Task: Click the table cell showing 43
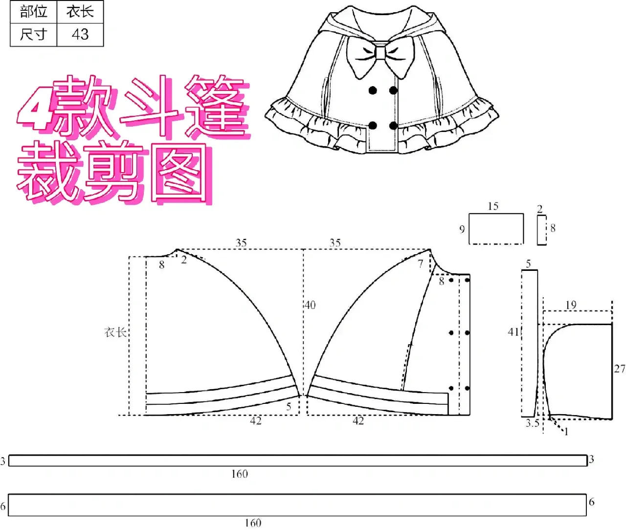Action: click(x=80, y=34)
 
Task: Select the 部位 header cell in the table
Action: click(x=33, y=12)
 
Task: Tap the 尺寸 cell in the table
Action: click(x=33, y=34)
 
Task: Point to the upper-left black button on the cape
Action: click(x=373, y=90)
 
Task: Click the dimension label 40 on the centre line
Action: click(x=310, y=305)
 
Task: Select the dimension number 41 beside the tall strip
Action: click(x=513, y=332)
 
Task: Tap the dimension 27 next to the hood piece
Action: click(x=619, y=369)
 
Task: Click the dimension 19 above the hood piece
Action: click(x=571, y=305)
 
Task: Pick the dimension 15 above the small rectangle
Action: click(x=493, y=206)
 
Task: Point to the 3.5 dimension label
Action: click(x=532, y=423)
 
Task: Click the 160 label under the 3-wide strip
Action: click(x=239, y=474)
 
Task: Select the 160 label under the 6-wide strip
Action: click(x=252, y=523)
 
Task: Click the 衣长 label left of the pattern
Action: click(x=115, y=332)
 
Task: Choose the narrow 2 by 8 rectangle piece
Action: click(x=541, y=229)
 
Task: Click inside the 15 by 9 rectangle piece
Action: click(x=496, y=229)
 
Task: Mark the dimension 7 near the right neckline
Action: click(x=420, y=264)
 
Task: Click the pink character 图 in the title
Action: click(x=180, y=173)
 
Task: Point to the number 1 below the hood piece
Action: click(x=566, y=432)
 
